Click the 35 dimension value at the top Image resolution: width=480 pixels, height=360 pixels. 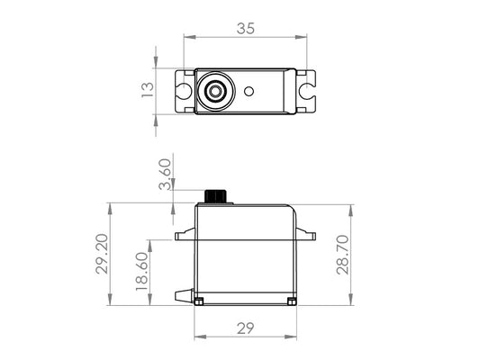tap(245, 28)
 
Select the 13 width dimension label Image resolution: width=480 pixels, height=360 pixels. tap(149, 90)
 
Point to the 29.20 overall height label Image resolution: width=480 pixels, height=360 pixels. tap(103, 256)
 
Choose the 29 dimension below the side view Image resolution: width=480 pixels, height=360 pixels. tap(245, 329)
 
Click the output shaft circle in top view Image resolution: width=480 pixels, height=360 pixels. tap(214, 91)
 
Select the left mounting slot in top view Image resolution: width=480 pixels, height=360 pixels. tap(184, 91)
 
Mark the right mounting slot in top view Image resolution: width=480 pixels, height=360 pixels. tap(307, 91)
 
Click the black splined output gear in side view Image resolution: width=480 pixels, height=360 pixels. tap(216, 196)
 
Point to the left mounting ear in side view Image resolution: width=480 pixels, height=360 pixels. tap(185, 236)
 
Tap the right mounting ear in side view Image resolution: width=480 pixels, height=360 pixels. tap(307, 236)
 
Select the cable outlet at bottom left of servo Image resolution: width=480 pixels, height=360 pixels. tap(184, 296)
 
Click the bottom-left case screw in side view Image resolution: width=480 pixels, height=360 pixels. tap(201, 299)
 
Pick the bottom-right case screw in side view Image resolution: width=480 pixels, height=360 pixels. tap(288, 299)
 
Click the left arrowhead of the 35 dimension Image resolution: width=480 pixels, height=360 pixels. tap(186, 37)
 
